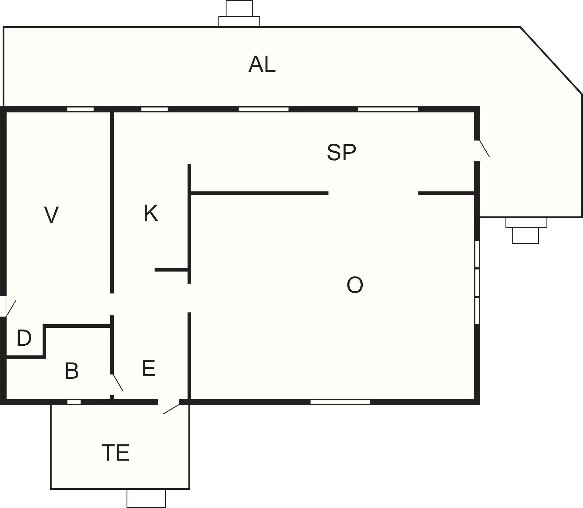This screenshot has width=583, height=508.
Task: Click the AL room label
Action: point(262,64)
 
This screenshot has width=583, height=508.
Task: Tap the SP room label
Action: point(342,152)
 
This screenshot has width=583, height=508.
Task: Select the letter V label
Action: point(52,215)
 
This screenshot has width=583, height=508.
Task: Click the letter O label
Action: point(355,285)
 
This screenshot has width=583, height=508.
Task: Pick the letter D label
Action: point(24,338)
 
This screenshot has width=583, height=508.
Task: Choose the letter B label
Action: point(72,370)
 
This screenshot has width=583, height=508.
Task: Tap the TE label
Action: point(116,453)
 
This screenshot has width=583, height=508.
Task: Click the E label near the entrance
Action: point(148,368)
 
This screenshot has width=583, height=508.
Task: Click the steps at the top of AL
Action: point(239,14)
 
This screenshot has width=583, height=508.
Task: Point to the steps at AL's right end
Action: point(526,231)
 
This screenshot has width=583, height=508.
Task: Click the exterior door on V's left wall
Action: point(7,306)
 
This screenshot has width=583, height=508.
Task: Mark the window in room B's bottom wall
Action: point(74,402)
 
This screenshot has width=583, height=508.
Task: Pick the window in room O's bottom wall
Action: point(340,402)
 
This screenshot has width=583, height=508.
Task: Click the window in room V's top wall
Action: point(80,109)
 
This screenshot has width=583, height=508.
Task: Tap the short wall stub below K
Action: point(171,270)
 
